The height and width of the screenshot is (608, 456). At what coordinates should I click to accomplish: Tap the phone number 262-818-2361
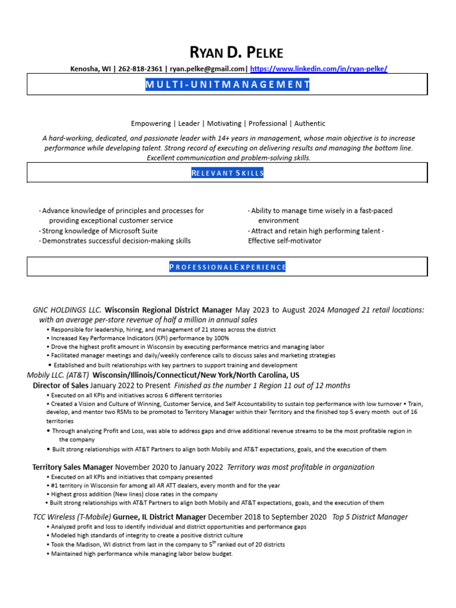point(137,69)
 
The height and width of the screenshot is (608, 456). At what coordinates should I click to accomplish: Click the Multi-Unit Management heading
point(227,84)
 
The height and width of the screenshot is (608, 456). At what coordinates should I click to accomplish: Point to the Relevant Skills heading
point(227,173)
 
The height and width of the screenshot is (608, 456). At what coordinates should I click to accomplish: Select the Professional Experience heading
point(227,267)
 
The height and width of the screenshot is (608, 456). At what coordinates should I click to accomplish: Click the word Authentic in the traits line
point(309,123)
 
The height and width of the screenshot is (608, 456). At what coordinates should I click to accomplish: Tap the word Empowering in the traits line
point(151,123)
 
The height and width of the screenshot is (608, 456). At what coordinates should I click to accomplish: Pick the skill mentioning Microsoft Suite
point(100,231)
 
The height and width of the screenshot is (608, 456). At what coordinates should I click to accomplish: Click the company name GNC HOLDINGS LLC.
point(67,310)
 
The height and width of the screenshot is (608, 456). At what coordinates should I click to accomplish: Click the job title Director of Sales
point(60,385)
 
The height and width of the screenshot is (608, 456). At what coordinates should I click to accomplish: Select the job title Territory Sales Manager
point(72,467)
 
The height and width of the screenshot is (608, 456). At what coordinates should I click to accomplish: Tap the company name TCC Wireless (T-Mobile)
point(72,517)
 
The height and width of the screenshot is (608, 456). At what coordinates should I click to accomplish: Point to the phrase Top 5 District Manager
point(370,517)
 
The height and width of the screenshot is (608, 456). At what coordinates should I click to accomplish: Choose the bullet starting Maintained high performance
point(142,554)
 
